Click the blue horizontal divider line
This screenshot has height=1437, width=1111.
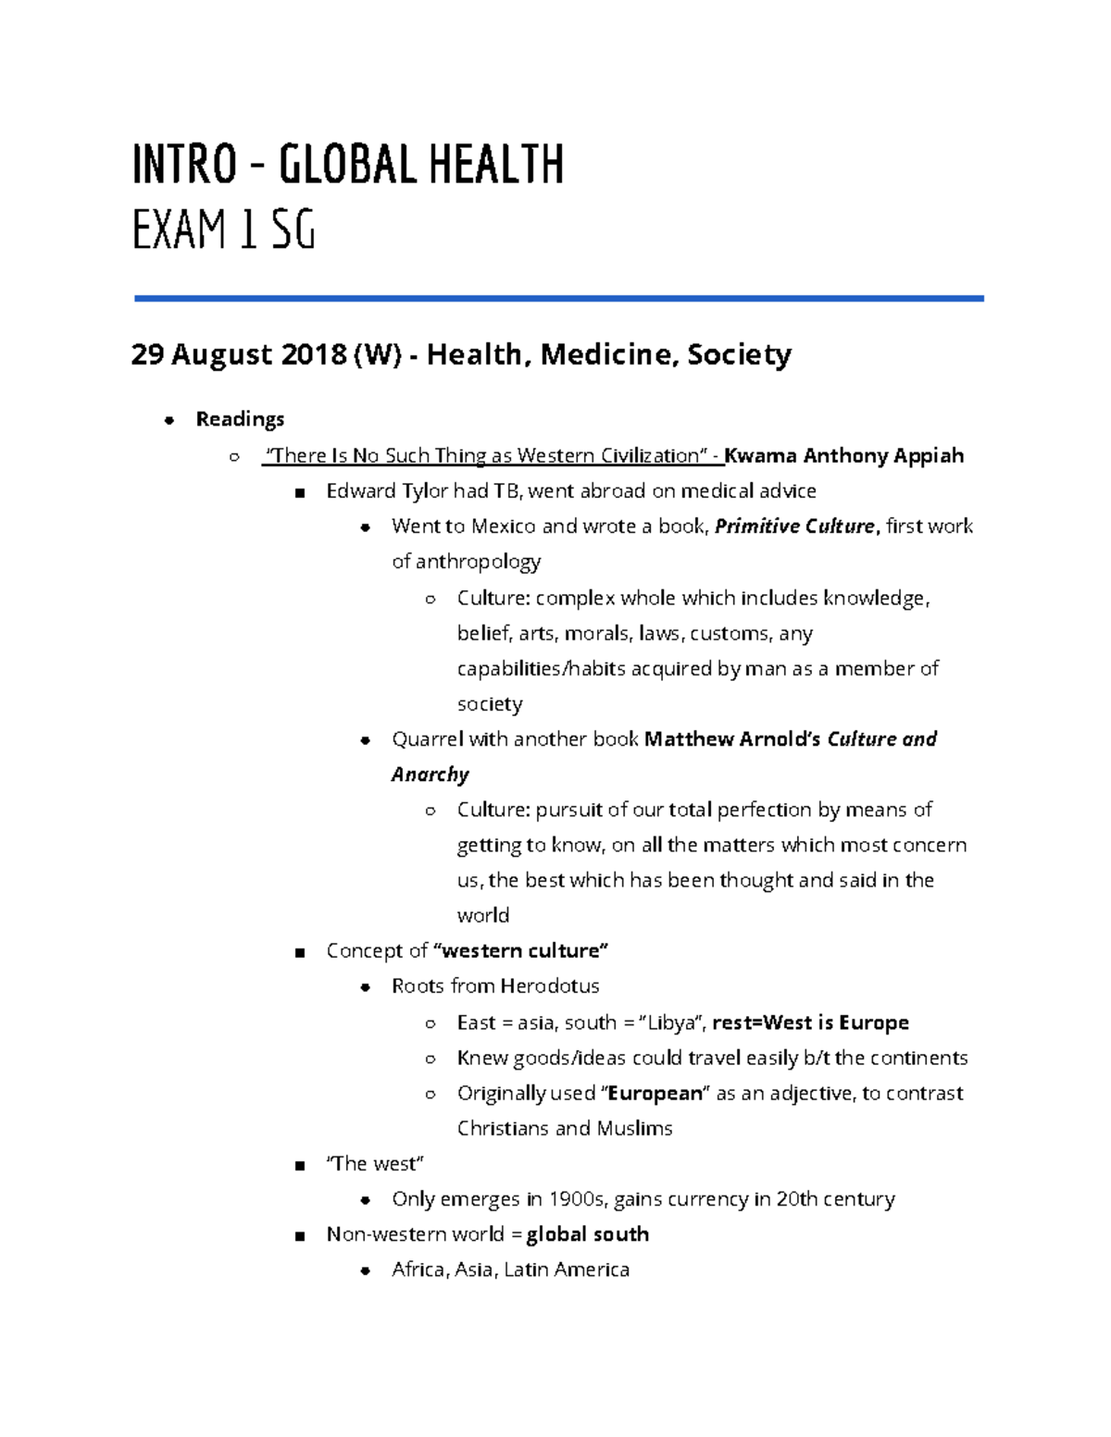558,298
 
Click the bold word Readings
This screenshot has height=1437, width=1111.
240,419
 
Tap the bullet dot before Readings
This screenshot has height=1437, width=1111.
169,421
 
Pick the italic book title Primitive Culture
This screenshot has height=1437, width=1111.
794,526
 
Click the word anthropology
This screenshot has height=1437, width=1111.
478,562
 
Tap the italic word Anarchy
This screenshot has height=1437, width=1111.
430,774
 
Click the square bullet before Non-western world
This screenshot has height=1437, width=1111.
299,1236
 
